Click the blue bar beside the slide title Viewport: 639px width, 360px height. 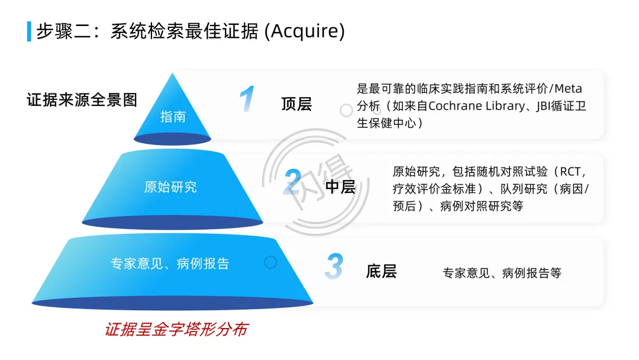[x=29, y=31]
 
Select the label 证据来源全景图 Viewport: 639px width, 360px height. [x=82, y=100]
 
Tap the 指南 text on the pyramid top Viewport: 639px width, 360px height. [x=173, y=117]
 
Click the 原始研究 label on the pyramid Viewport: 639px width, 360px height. [x=170, y=187]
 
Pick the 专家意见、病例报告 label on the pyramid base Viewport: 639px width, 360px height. [x=170, y=263]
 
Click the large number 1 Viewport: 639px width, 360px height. [x=247, y=99]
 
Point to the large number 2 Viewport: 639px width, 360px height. [x=292, y=182]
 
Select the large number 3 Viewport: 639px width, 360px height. [x=334, y=266]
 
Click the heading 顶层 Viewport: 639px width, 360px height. [x=296, y=105]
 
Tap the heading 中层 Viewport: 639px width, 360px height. [x=340, y=187]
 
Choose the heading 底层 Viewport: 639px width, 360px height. [x=381, y=272]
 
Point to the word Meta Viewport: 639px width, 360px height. [x=569, y=89]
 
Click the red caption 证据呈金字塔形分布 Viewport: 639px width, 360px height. [x=176, y=330]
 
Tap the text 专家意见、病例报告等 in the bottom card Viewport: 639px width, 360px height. [x=502, y=274]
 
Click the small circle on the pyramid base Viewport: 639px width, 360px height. [x=270, y=262]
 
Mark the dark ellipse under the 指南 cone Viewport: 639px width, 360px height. [x=172, y=139]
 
